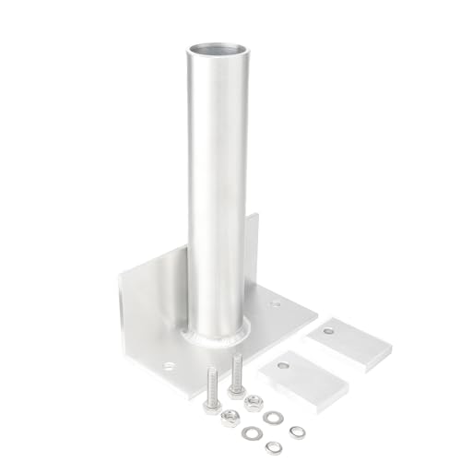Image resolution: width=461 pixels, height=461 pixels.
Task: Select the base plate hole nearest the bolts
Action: click(169, 366)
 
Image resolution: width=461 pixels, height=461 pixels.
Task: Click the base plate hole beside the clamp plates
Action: click(274, 303)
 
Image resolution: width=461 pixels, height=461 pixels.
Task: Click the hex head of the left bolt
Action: click(211, 407)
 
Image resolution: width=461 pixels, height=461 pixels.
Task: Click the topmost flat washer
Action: click(272, 417)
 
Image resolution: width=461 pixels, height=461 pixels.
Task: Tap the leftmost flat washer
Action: click(250, 431)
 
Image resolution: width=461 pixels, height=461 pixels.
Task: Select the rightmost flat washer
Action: click(296, 431)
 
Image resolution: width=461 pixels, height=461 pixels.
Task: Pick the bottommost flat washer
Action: click(272, 447)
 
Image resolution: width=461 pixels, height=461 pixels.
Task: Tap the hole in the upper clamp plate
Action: click(328, 330)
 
